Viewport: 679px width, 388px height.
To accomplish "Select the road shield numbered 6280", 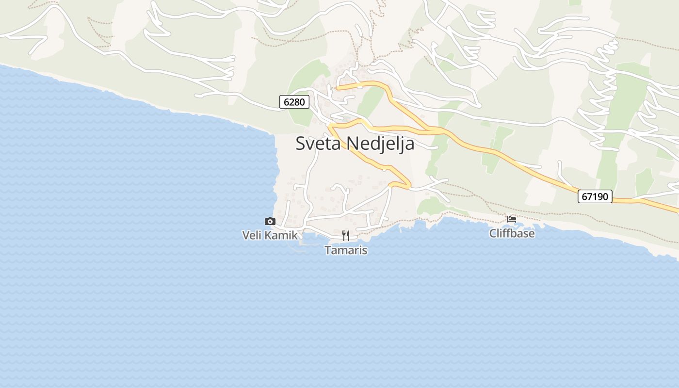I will [294, 102].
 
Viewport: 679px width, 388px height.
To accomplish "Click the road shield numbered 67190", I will [595, 196].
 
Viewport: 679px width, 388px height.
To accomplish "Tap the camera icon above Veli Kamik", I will [270, 221].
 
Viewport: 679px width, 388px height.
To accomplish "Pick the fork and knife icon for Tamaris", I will [346, 236].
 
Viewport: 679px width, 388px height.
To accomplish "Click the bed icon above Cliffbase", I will [512, 219].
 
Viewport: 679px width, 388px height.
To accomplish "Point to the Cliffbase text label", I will [512, 233].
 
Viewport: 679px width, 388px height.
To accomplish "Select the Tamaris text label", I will [346, 250].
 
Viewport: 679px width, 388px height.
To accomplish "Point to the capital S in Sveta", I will [301, 144].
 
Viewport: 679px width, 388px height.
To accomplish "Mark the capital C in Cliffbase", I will [493, 233].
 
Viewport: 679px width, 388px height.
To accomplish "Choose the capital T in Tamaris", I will [327, 250].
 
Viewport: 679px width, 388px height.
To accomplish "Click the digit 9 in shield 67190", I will [600, 196].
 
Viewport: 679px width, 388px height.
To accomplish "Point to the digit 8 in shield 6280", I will [297, 102].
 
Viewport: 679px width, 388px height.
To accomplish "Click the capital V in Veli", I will [245, 236].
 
